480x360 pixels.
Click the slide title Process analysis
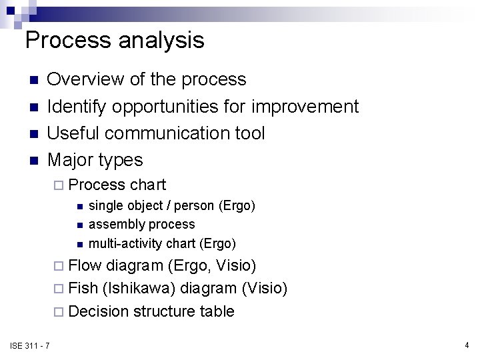click(x=114, y=41)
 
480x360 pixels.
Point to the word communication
click(x=171, y=133)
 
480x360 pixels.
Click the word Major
click(x=71, y=160)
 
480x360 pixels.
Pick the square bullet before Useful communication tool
click(x=31, y=134)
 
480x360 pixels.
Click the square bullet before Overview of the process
click(x=31, y=81)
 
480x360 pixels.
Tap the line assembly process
click(x=141, y=224)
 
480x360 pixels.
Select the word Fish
click(x=83, y=288)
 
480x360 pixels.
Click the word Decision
click(x=99, y=311)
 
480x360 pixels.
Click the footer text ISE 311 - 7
click(x=29, y=345)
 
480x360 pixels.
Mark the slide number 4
click(x=467, y=345)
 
